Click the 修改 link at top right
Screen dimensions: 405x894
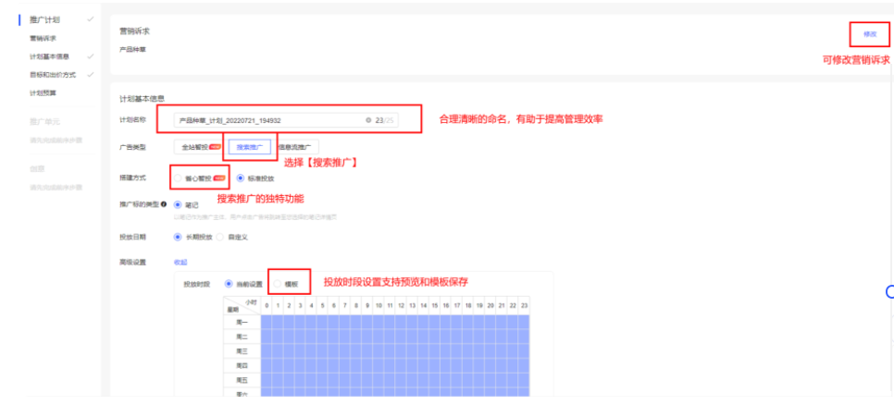tap(869, 33)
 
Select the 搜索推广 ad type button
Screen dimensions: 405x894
tap(249, 147)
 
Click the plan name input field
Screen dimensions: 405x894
tap(268, 120)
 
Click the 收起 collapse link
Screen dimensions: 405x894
tap(180, 262)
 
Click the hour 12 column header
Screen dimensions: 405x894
tap(401, 305)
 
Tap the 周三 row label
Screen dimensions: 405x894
tap(242, 351)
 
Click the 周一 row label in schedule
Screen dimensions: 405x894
tap(242, 322)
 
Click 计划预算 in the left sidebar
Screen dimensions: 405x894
tap(43, 92)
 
